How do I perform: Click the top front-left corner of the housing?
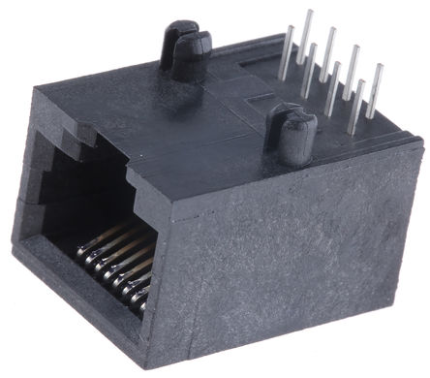tap(37, 92)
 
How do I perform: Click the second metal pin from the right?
tap(358, 97)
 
